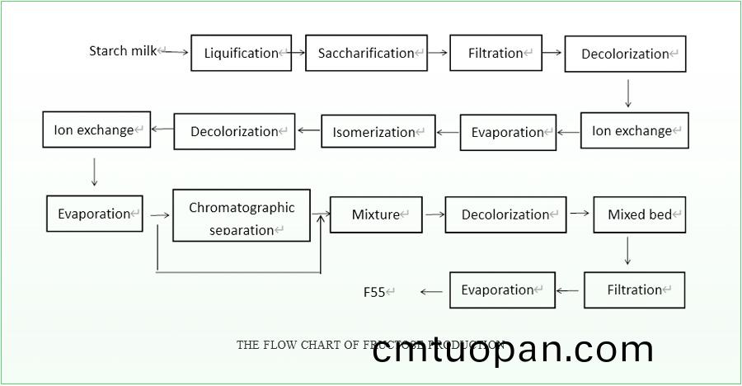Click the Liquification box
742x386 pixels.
coord(241,53)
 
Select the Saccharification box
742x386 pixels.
coord(366,53)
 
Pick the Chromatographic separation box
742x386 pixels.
coord(242,216)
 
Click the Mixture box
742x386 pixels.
coord(376,214)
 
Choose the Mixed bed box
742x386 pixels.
coord(640,214)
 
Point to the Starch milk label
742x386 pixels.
coord(122,51)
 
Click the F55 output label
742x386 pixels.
coord(375,291)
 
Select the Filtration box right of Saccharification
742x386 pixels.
coord(495,53)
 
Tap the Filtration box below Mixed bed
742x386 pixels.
coord(634,290)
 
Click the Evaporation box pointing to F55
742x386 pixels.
coord(502,290)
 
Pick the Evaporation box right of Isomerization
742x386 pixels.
coord(507,132)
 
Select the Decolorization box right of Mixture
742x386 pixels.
coord(505,214)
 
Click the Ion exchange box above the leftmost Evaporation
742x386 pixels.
coord(96,129)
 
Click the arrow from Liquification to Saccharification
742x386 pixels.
coord(298,53)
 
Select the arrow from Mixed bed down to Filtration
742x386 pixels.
coord(628,251)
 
